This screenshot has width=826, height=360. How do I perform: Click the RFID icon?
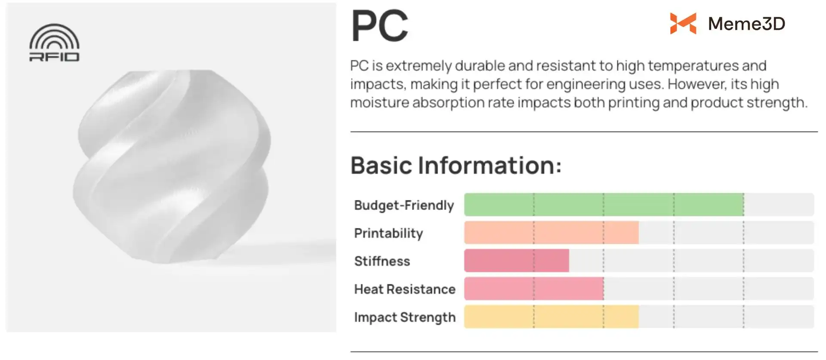coord(54,42)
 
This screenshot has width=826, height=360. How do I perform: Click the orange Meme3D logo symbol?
coord(683,23)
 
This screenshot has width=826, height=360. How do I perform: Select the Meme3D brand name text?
coord(746,24)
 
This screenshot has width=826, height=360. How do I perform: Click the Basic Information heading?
coord(456,165)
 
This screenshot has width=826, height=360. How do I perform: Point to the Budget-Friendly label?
coord(404,206)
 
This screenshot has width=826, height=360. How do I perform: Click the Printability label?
coord(388,234)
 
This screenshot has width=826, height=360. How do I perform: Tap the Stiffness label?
coord(382,261)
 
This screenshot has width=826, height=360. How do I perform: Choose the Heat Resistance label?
coord(405,289)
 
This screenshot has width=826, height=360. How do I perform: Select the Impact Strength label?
coord(405,317)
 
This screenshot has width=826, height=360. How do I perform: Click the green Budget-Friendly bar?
coord(604,205)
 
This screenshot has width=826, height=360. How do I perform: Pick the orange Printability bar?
coord(552,233)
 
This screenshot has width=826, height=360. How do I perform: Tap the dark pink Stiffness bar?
coord(517,261)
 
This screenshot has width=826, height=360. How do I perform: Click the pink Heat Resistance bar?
coord(534,289)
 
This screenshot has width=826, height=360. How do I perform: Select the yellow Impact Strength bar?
coord(552,317)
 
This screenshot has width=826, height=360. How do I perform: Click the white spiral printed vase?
coord(172,166)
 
